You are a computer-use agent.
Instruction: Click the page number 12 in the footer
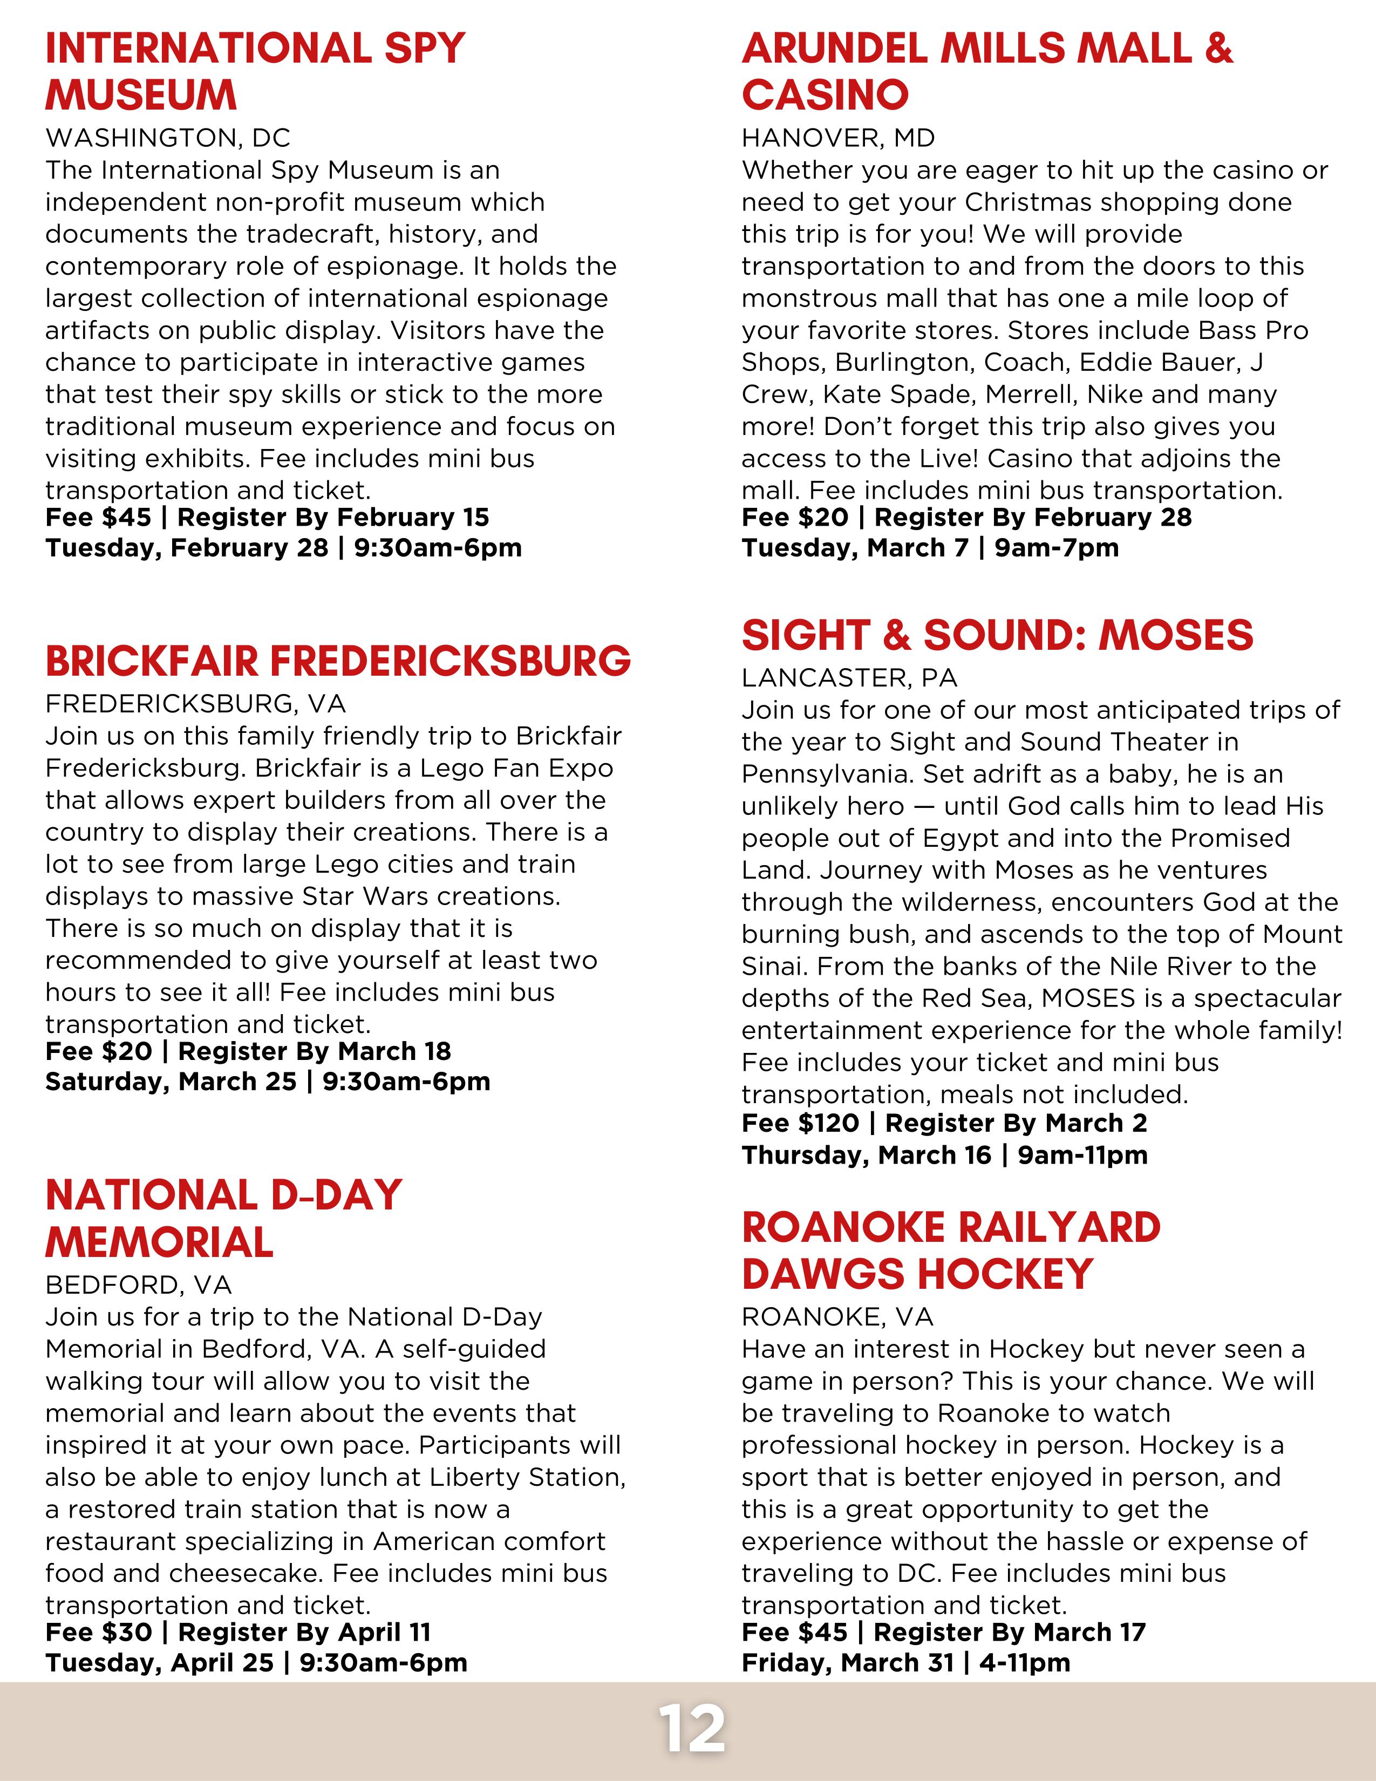(x=691, y=1728)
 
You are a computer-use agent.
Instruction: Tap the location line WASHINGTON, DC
(x=168, y=137)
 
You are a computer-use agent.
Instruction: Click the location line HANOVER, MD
(x=838, y=137)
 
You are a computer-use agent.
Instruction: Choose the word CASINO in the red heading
(x=825, y=96)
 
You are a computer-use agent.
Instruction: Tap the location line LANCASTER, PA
(x=849, y=678)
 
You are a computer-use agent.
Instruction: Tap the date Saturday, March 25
(x=171, y=1082)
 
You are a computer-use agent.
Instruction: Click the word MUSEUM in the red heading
(x=141, y=96)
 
